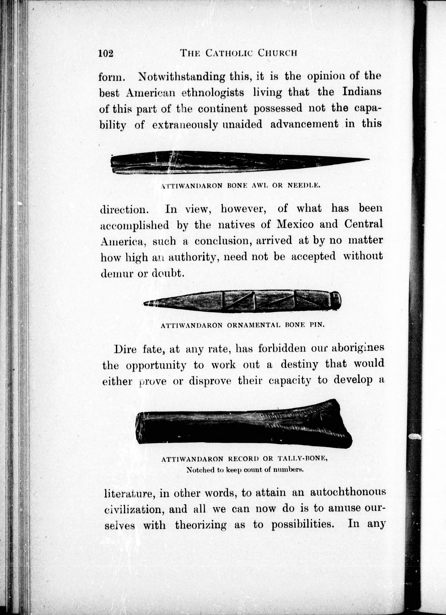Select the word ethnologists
pyautogui.click(x=213, y=93)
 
